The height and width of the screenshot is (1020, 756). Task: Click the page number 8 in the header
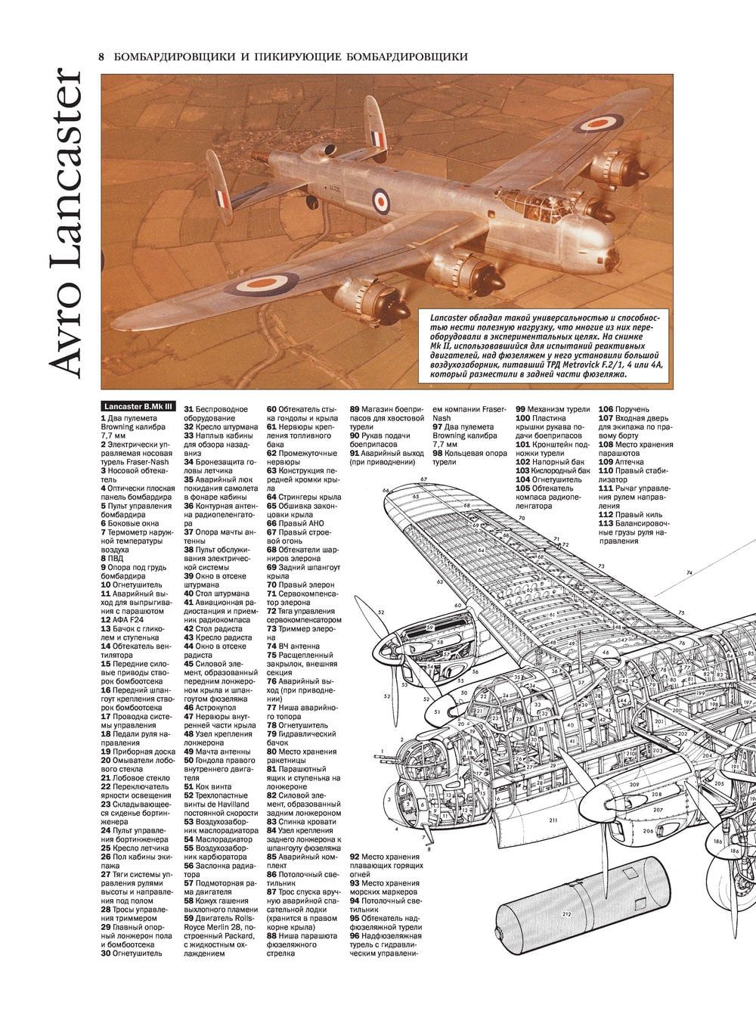coord(101,56)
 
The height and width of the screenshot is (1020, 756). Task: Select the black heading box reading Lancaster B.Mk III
coord(138,406)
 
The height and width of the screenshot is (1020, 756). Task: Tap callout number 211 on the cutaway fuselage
coord(553,820)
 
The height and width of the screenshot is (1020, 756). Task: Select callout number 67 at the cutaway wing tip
coord(424,479)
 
